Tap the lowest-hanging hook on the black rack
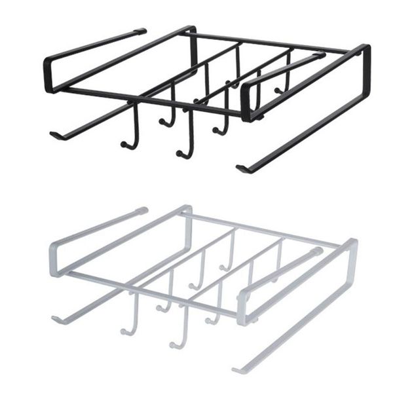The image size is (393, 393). (x=183, y=154)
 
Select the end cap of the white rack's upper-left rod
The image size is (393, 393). (x=143, y=210)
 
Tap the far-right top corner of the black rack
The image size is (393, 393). (x=365, y=48)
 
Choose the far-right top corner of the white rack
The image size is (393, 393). (x=354, y=244)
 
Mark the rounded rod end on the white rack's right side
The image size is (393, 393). (x=318, y=251)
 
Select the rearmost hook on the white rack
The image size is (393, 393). (x=227, y=267)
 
